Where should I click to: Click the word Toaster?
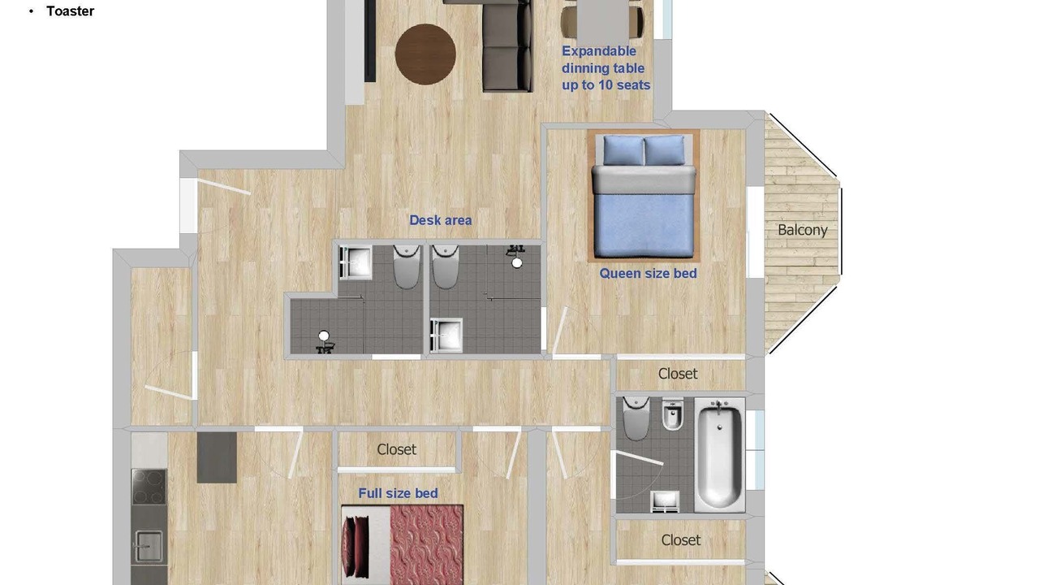(70, 11)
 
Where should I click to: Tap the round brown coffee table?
(425, 54)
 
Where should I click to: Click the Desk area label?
(440, 220)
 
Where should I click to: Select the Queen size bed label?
(648, 274)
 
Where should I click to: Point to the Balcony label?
(803, 230)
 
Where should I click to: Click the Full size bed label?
(398, 493)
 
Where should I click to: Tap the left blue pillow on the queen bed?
(624, 151)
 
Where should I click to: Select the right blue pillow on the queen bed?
(665, 150)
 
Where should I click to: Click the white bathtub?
(719, 456)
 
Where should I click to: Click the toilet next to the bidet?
(636, 418)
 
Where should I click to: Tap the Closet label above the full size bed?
(397, 449)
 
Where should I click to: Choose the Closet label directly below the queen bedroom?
(678, 374)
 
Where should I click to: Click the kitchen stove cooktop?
(149, 487)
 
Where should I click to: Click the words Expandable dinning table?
(603, 59)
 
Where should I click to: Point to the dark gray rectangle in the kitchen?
(217, 457)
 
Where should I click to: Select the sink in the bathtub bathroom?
(665, 501)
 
